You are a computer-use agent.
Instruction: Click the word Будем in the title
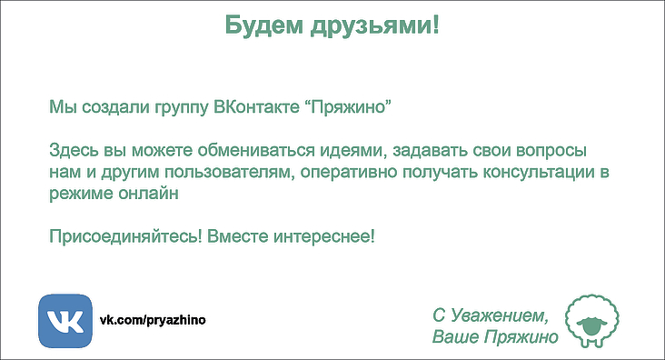[264, 25]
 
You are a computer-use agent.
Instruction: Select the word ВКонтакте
[256, 106]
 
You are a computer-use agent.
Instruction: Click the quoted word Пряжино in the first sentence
[348, 107]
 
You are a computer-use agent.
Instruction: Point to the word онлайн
[148, 194]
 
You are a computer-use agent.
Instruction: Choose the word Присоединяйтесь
[125, 236]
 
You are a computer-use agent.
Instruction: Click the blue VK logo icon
[65, 321]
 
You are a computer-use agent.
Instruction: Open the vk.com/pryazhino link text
[153, 320]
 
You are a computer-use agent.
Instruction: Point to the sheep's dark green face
[593, 325]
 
